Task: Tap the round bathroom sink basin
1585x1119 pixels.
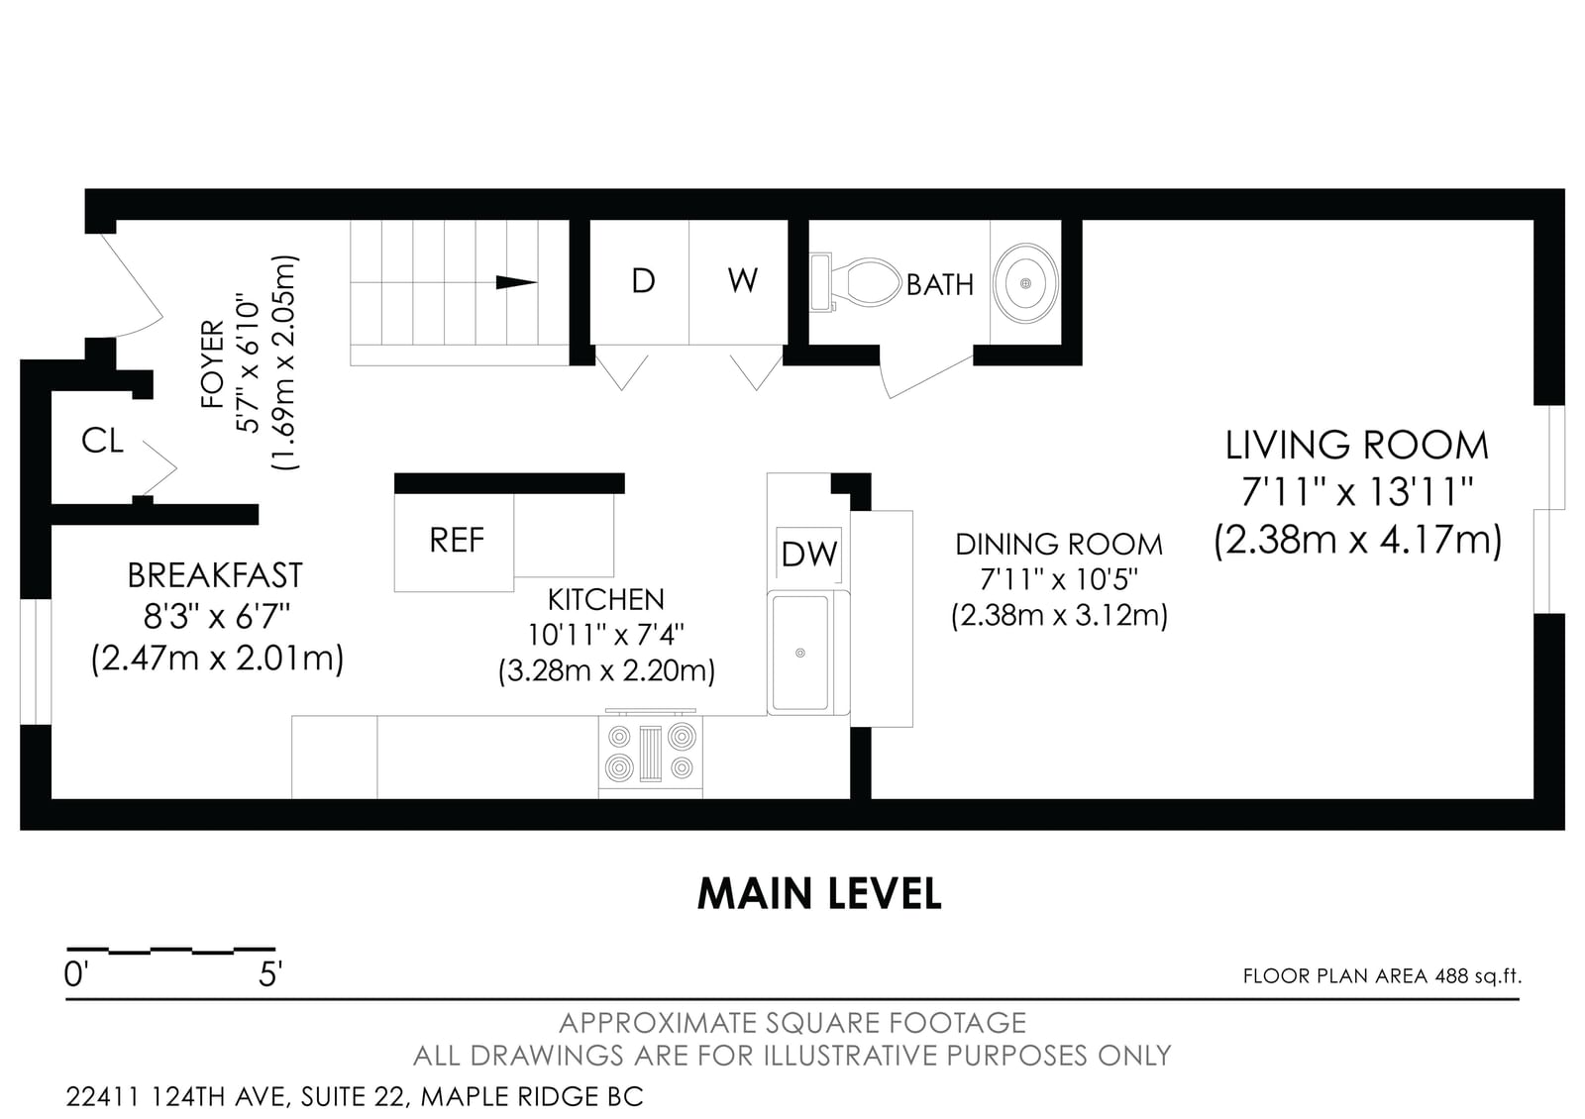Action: (1025, 283)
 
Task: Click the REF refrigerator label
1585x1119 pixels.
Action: (457, 540)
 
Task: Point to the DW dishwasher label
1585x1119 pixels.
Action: (808, 554)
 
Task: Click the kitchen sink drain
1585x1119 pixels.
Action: (800, 653)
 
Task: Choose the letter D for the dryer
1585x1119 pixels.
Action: (643, 281)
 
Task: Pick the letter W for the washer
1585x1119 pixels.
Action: (742, 280)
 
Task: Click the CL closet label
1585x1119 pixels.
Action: (103, 441)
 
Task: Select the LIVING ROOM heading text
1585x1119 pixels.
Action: (1356, 446)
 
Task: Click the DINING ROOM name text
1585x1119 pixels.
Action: (1059, 545)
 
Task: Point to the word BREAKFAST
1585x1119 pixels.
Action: (215, 575)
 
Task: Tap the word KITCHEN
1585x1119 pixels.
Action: (605, 600)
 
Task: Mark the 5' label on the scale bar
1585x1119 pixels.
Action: (269, 974)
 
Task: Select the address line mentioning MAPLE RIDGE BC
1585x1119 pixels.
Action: (355, 1096)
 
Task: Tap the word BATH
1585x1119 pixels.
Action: (940, 285)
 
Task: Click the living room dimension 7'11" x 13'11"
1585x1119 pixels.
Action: (1357, 492)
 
